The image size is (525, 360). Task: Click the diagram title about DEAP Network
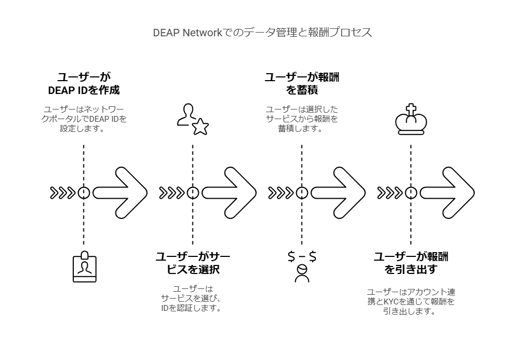262,33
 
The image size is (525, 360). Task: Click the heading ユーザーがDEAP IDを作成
83,83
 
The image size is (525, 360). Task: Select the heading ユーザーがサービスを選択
192,263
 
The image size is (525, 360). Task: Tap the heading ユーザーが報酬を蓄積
302,83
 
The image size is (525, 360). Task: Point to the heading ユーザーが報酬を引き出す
411,263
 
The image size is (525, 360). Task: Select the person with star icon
192,120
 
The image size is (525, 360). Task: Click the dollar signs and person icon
302,265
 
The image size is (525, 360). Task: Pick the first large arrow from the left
120,193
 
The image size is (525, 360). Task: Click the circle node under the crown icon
411,193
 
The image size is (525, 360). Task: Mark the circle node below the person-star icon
192,193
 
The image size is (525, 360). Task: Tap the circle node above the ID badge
83,193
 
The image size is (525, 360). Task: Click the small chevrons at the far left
62,193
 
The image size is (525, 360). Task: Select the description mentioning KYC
411,302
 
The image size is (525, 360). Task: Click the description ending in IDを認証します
192,299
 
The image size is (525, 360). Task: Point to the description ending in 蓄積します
302,119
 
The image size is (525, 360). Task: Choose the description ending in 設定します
83,119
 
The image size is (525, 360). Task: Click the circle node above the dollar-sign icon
302,193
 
